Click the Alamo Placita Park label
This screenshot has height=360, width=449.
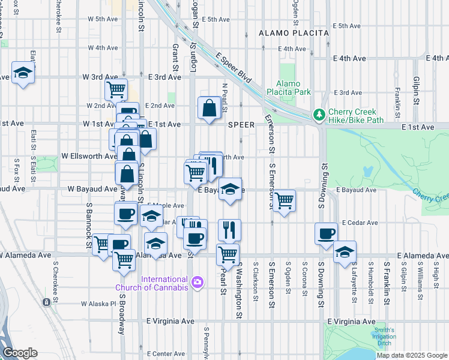tap(294, 88)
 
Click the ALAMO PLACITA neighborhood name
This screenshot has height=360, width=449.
tap(294, 33)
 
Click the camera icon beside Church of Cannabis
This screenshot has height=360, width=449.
tap(197, 281)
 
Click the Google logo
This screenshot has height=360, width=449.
tap(20, 353)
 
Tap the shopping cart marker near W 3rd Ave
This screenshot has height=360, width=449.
tap(115, 89)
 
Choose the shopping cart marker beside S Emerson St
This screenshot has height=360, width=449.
tap(284, 200)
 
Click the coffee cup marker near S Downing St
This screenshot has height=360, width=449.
tap(326, 233)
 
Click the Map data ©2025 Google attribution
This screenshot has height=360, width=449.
tap(411, 355)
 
